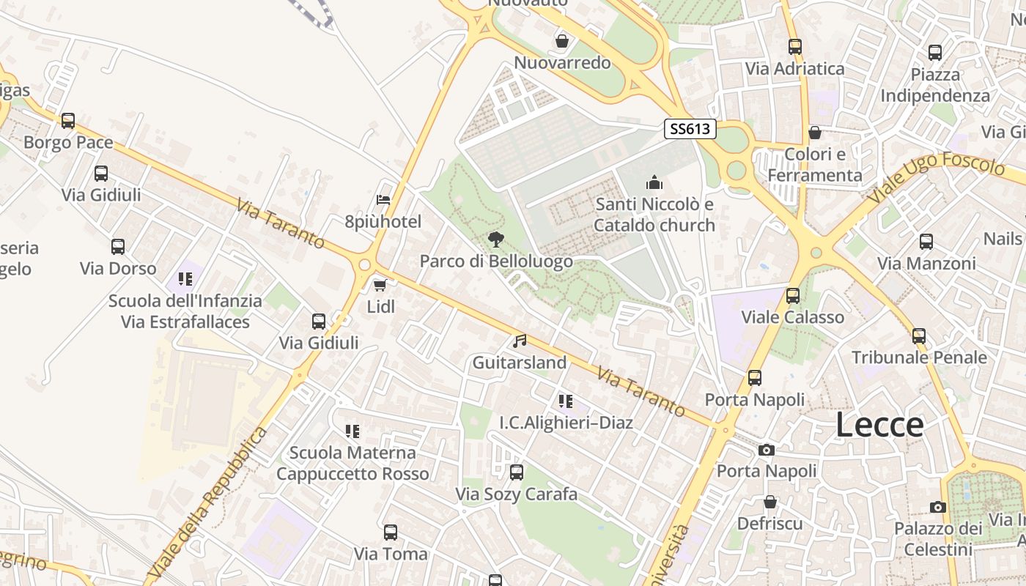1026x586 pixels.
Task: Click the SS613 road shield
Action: pyautogui.click(x=690, y=129)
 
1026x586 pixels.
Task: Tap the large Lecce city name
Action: pyautogui.click(x=879, y=426)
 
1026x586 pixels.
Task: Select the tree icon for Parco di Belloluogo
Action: pyautogui.click(x=496, y=239)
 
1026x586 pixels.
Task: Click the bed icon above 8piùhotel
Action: pyautogui.click(x=383, y=199)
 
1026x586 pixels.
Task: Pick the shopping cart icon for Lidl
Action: pyautogui.click(x=380, y=285)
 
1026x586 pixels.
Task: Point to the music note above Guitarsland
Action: pyautogui.click(x=520, y=341)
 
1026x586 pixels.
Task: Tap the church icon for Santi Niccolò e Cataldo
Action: pyautogui.click(x=654, y=182)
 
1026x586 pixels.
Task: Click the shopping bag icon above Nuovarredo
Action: pyautogui.click(x=562, y=41)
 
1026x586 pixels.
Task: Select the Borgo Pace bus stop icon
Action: pyautogui.click(x=68, y=120)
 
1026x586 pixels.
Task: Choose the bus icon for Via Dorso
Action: pyautogui.click(x=118, y=247)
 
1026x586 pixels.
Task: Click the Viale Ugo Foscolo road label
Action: pyautogui.click(x=936, y=178)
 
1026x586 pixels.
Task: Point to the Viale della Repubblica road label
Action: pyautogui.click(x=207, y=503)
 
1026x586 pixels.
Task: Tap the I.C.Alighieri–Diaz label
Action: pyautogui.click(x=566, y=423)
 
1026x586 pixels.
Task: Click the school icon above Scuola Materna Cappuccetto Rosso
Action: pyautogui.click(x=353, y=431)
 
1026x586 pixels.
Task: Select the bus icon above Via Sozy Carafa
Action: pyautogui.click(x=517, y=472)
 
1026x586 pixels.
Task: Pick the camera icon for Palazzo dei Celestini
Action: pyautogui.click(x=937, y=507)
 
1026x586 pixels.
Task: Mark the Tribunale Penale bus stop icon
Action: pyautogui.click(x=919, y=336)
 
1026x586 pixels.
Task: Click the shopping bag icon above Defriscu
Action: pyautogui.click(x=770, y=502)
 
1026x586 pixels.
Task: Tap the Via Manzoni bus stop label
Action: pyautogui.click(x=926, y=263)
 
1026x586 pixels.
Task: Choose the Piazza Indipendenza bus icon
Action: pyautogui.click(x=935, y=53)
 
